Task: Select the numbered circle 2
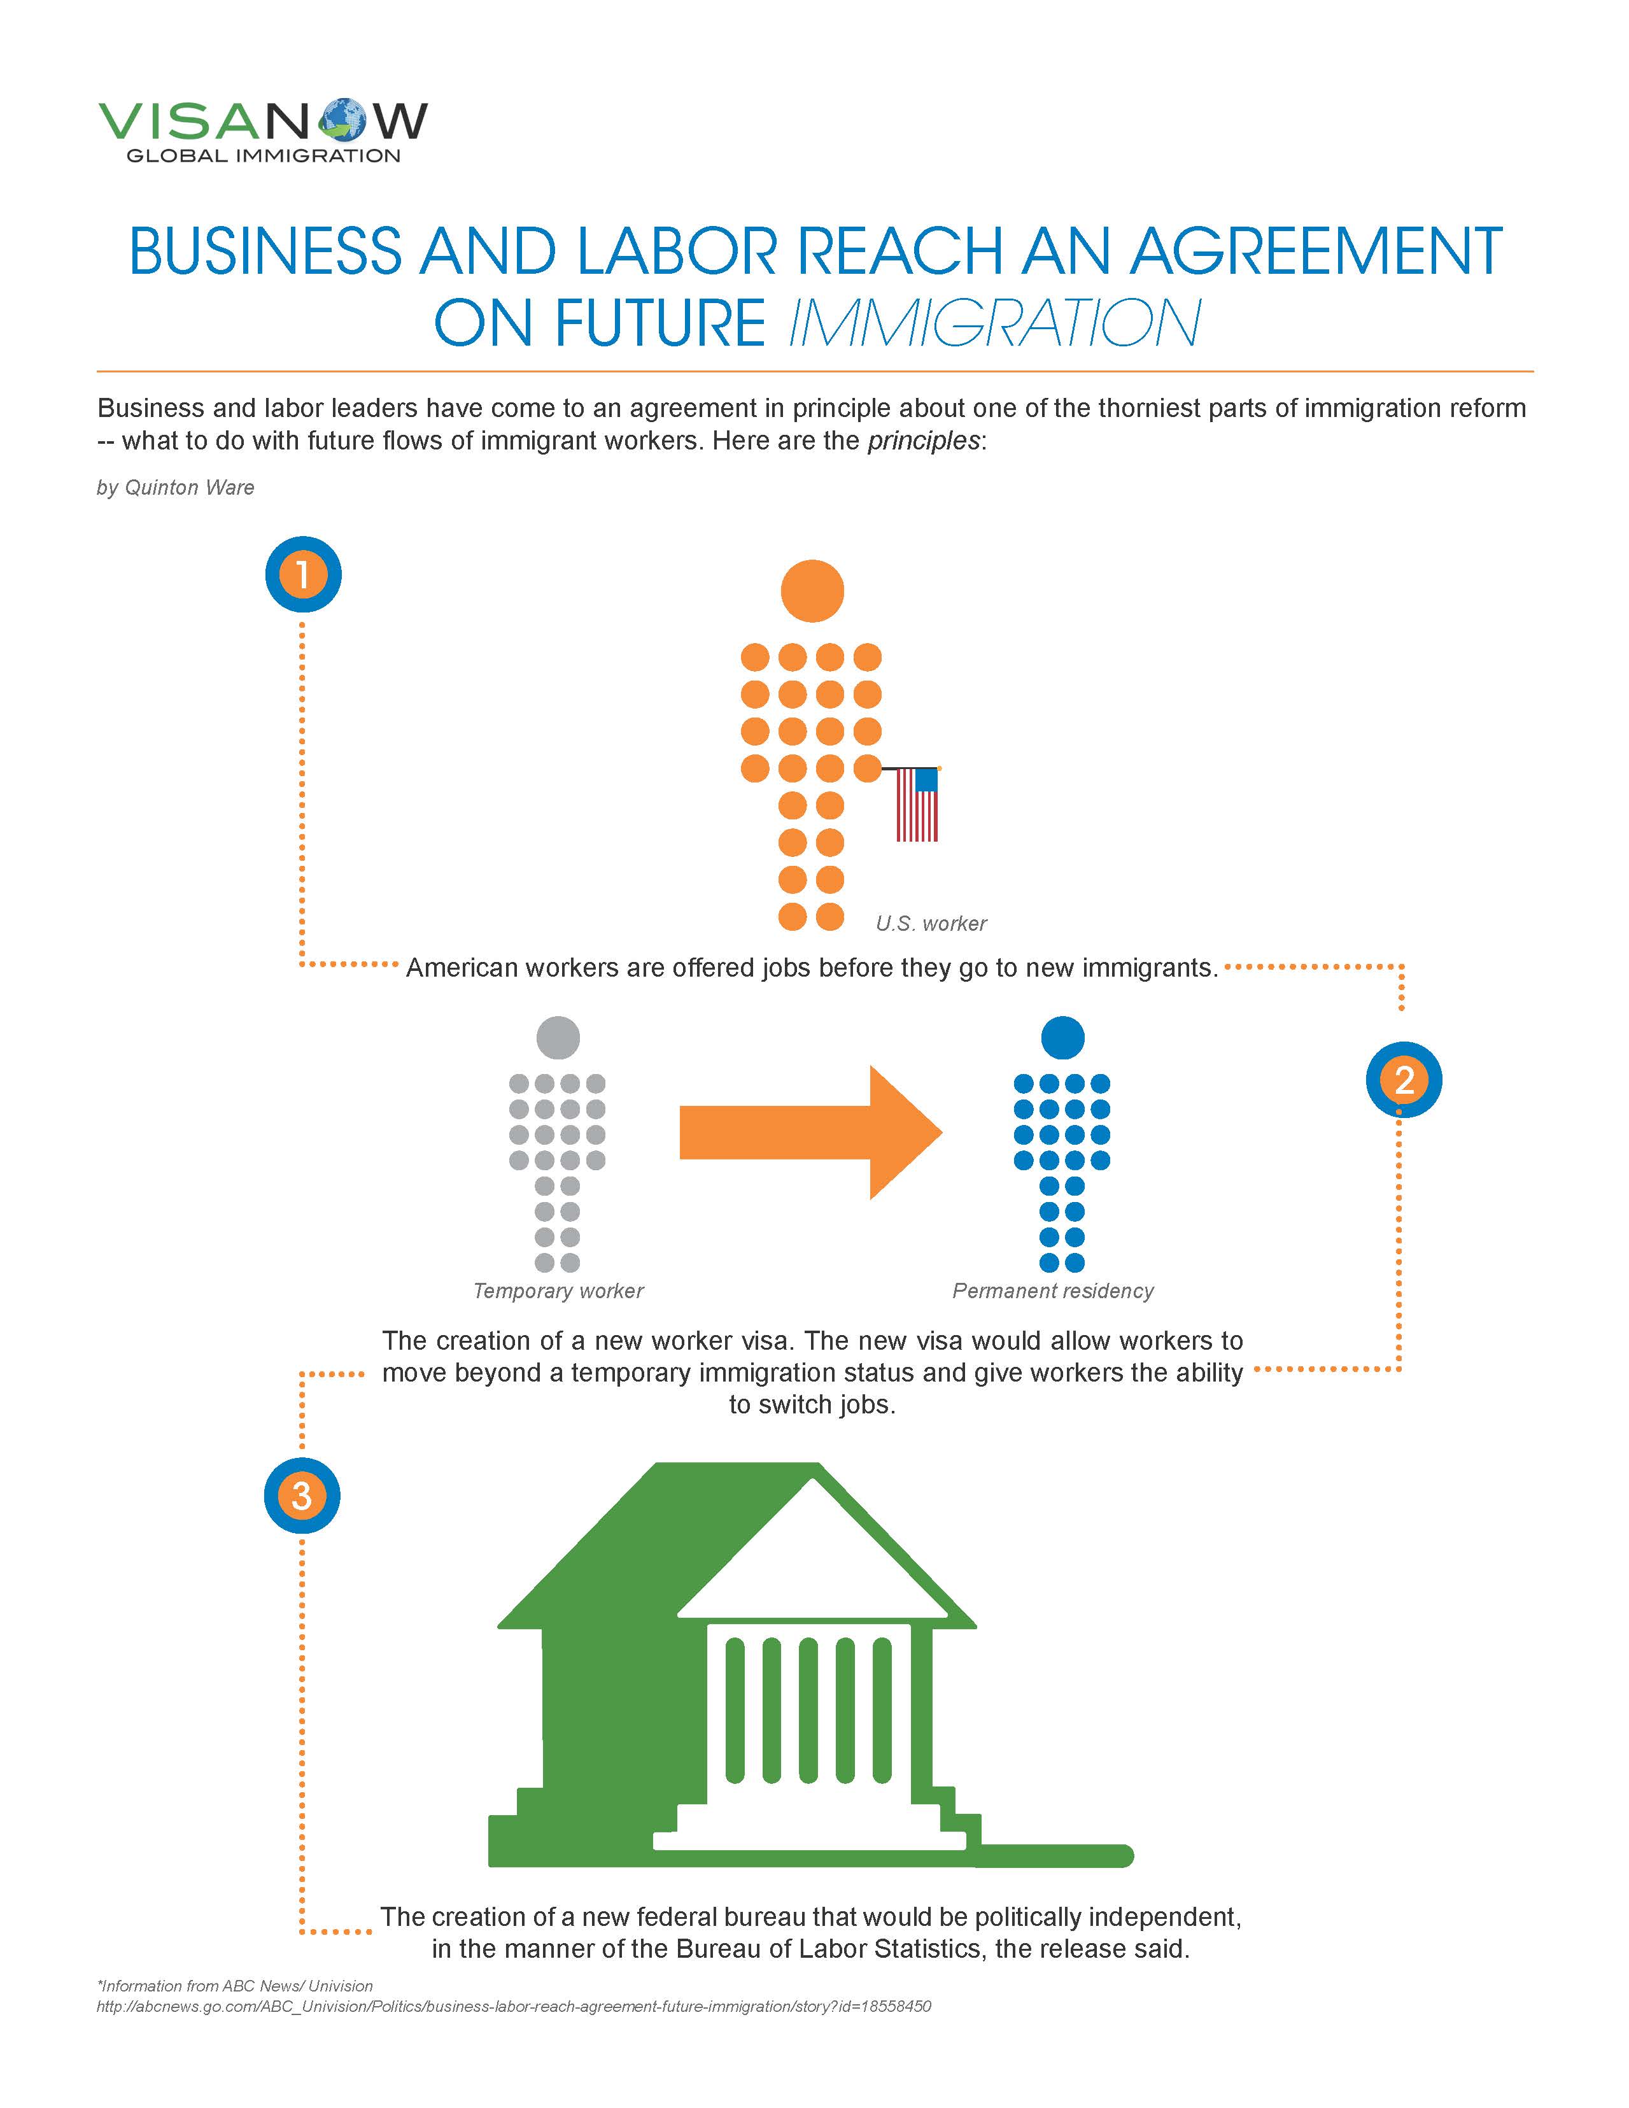(1404, 1079)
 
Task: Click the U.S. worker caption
(931, 924)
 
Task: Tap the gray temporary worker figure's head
(558, 1038)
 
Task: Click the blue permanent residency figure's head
(1062, 1038)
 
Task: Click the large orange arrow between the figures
(810, 1132)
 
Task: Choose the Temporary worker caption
(558, 1291)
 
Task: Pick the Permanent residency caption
(1053, 1291)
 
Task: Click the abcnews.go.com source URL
(514, 2005)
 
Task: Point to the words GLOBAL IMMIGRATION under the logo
(264, 155)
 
